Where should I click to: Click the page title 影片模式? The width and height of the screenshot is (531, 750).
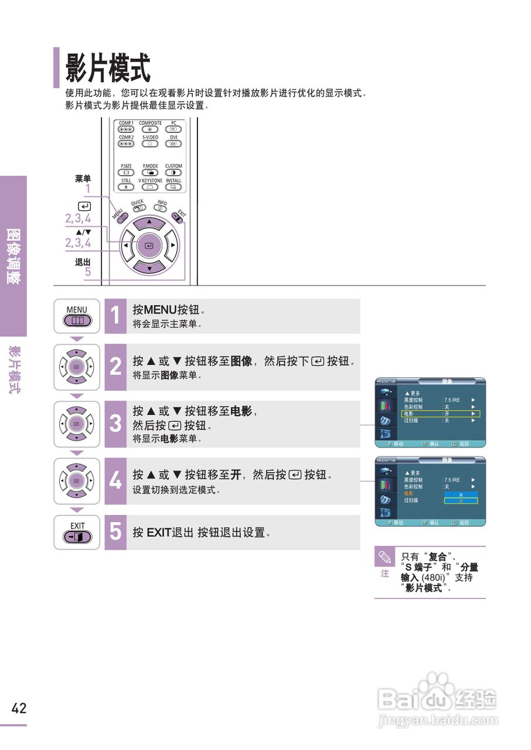point(108,68)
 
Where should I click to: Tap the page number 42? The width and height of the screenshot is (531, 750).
point(19,708)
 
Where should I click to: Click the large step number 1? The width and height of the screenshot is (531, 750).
point(115,316)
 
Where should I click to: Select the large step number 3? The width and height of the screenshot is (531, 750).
point(115,424)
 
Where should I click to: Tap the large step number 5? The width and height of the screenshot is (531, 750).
point(115,532)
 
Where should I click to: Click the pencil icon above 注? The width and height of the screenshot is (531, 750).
point(385,556)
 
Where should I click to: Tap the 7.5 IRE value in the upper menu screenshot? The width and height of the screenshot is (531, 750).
point(451,400)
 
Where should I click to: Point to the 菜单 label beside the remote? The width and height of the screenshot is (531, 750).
point(83,179)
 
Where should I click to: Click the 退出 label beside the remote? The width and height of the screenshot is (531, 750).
point(83,262)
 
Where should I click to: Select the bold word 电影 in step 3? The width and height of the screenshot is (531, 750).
point(242,411)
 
